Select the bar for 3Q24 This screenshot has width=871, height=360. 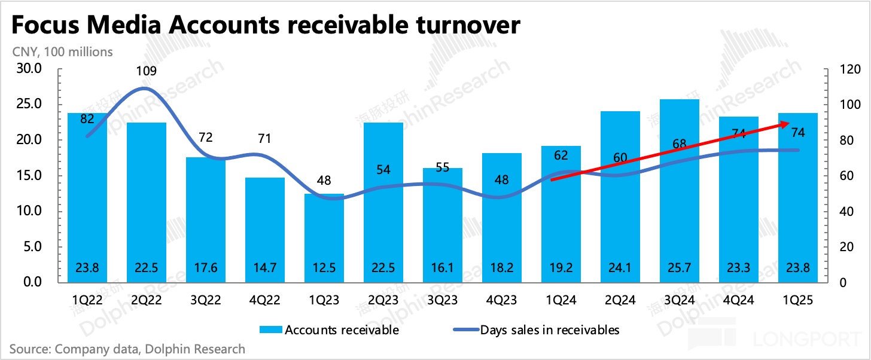pos(680,191)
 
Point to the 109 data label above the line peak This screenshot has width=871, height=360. pos(147,71)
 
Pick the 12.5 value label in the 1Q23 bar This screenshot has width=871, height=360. pos(325,268)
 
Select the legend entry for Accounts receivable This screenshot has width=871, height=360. pos(329,330)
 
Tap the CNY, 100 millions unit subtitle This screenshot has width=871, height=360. pos(62,52)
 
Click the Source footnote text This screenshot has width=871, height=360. pos(127,349)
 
